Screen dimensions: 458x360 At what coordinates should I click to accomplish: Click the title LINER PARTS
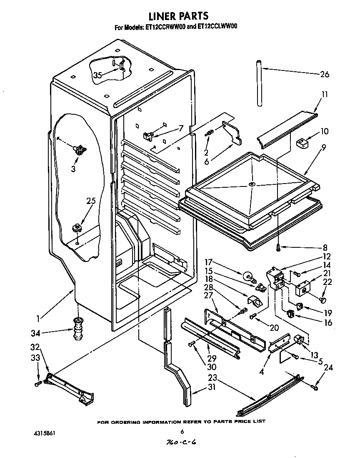tap(178, 16)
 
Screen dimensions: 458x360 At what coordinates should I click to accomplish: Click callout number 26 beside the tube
tap(325, 75)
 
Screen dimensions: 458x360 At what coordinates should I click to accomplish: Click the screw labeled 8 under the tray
tap(278, 247)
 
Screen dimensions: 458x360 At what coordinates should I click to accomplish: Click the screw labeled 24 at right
tap(315, 388)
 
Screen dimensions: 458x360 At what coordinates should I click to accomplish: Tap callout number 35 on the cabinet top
tap(97, 75)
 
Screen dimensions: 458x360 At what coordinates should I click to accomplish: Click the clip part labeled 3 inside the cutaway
tap(79, 148)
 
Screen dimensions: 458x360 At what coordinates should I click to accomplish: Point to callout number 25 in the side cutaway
tap(91, 201)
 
